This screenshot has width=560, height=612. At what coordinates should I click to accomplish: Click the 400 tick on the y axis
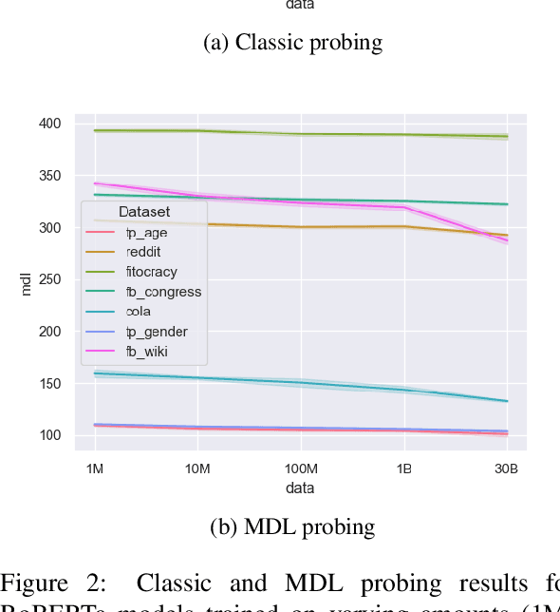(x=49, y=124)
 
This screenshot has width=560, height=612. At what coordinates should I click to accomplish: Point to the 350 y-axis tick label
(x=49, y=177)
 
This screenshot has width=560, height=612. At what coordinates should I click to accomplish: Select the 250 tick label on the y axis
(x=49, y=280)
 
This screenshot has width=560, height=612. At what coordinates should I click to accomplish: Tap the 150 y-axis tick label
(x=49, y=384)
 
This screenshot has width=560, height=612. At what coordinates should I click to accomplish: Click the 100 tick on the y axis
(x=49, y=436)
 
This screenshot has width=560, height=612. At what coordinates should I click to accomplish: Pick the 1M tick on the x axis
(x=95, y=469)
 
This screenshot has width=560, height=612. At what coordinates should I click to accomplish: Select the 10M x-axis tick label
(x=197, y=469)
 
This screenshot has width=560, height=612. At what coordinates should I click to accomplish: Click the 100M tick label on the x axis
(x=301, y=469)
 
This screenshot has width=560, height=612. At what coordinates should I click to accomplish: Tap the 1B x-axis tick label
(x=404, y=469)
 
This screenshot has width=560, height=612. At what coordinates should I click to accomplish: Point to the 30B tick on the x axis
(x=507, y=469)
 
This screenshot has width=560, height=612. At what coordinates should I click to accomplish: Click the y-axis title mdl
(x=27, y=282)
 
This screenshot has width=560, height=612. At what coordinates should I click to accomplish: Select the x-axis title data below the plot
(x=301, y=488)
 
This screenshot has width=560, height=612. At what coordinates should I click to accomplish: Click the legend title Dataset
(x=144, y=212)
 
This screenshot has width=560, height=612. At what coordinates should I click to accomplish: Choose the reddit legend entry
(x=144, y=252)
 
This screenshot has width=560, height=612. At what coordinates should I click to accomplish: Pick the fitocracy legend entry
(x=151, y=272)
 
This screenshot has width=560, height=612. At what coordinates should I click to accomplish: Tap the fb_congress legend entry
(x=162, y=292)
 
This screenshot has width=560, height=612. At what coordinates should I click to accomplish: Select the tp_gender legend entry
(x=156, y=332)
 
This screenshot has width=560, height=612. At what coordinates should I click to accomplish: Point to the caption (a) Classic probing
(x=292, y=42)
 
